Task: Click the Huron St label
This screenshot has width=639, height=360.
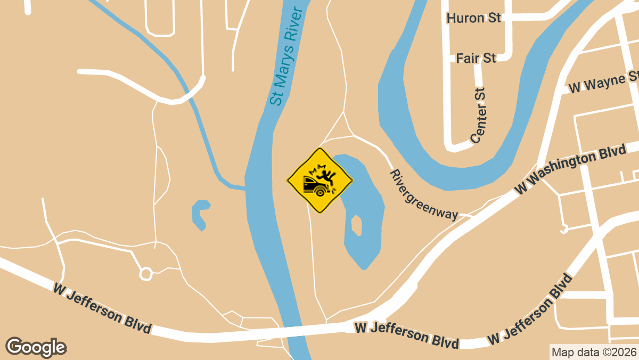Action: click(474, 19)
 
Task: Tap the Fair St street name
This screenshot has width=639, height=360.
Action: click(476, 58)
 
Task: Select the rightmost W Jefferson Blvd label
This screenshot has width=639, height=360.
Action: click(530, 310)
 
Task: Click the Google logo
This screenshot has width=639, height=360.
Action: click(36, 347)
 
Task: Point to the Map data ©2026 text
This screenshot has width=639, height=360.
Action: click(594, 352)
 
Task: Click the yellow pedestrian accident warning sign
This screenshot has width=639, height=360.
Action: click(320, 181)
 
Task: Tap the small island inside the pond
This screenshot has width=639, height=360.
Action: click(357, 225)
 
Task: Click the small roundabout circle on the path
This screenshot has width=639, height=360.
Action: click(145, 274)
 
